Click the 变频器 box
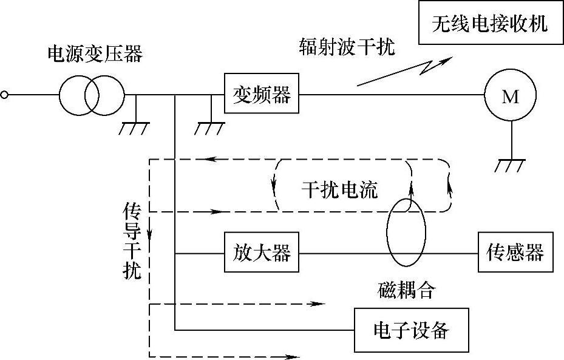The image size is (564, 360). point(262,94)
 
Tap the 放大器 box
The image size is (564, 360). point(262,252)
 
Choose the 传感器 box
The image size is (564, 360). point(515,252)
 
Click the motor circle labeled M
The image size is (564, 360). point(511,95)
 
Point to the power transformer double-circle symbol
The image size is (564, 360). point(92,95)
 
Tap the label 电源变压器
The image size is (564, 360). point(95,55)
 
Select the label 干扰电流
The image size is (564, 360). point(339,190)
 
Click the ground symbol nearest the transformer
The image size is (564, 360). point(134,127)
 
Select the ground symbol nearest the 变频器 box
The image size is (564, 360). point(209,127)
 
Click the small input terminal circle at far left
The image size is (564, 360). point(5,95)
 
